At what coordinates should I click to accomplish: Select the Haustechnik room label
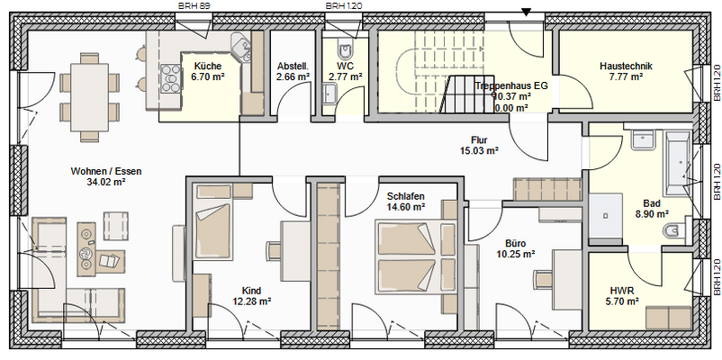(x=625, y=66)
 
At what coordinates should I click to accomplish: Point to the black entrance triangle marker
(x=527, y=12)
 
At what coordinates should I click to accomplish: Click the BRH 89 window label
(x=194, y=5)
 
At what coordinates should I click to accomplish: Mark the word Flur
(x=479, y=139)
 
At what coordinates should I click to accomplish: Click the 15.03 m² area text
(x=479, y=151)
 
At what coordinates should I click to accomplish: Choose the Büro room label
(x=516, y=243)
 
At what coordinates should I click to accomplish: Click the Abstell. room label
(x=293, y=66)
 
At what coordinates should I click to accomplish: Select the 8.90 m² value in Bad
(x=652, y=214)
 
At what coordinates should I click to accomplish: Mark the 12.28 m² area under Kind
(x=251, y=301)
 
